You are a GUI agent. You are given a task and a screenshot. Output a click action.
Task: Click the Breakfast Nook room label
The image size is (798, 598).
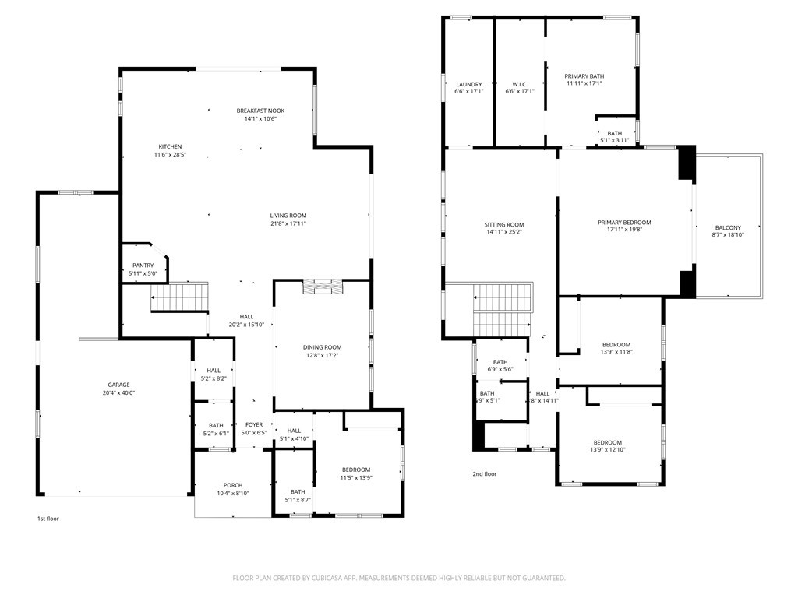pyautogui.click(x=261, y=111)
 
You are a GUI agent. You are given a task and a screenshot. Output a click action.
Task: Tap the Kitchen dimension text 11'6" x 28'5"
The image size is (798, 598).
pyautogui.click(x=170, y=155)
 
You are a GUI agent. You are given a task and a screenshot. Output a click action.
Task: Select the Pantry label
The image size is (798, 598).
pyautogui.click(x=143, y=266)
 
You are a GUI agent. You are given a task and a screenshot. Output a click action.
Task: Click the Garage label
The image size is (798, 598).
pyautogui.click(x=118, y=385)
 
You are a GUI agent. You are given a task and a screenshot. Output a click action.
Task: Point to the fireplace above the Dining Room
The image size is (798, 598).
pyautogui.click(x=321, y=287)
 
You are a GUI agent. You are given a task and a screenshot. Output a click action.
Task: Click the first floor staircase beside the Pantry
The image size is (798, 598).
pyautogui.click(x=181, y=297)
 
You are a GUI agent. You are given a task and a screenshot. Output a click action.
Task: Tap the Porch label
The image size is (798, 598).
pyautogui.click(x=233, y=485)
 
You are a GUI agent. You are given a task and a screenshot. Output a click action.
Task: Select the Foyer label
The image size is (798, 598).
pyautogui.click(x=254, y=424)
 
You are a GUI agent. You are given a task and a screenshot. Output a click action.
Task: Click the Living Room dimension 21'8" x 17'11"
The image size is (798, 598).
pyautogui.click(x=288, y=224)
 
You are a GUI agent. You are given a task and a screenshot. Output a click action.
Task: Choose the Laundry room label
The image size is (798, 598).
pyautogui.click(x=468, y=84)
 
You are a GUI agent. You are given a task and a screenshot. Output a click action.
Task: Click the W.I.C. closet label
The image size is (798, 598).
pyautogui.click(x=520, y=84)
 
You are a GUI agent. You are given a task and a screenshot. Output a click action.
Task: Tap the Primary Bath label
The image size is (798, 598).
pyautogui.click(x=584, y=76)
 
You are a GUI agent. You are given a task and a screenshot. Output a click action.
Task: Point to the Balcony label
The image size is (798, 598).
pyautogui.click(x=728, y=227)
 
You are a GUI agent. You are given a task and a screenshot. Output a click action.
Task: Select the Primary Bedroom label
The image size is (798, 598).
pyautogui.click(x=624, y=223)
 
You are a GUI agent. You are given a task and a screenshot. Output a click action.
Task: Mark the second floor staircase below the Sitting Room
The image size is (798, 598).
pyautogui.click(x=503, y=310)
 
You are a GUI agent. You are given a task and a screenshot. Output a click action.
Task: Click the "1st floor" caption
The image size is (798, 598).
pyautogui.click(x=48, y=519)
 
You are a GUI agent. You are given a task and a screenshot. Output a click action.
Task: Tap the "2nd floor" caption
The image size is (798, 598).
pyautogui.click(x=484, y=473)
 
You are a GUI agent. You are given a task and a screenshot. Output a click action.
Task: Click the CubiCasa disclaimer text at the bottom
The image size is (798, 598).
pyautogui.click(x=399, y=578)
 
